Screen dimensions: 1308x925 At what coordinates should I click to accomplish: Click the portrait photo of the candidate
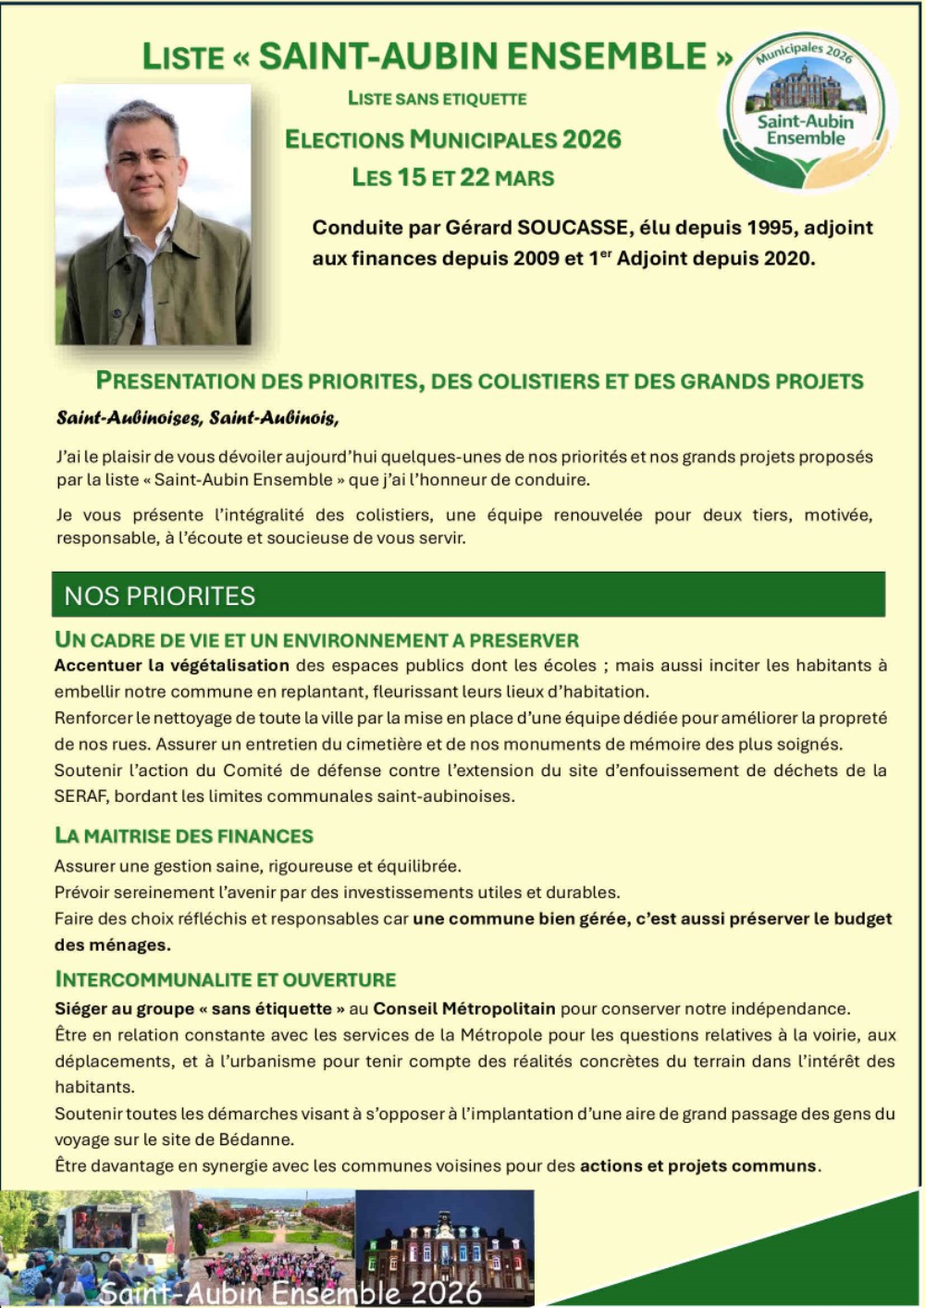pos(154,216)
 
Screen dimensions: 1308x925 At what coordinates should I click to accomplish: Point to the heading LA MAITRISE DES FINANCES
pos(184,836)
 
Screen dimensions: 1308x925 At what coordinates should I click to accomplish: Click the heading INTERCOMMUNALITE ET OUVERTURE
pos(226,980)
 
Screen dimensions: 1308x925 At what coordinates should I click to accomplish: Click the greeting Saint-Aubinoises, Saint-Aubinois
pos(197,418)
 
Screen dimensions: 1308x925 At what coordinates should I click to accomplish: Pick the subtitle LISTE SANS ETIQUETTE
pos(438,99)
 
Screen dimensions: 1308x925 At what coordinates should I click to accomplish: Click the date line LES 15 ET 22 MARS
pos(453,178)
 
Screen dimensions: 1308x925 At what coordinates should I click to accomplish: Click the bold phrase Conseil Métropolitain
pos(464,1009)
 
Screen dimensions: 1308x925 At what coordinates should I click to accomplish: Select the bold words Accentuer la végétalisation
pos(172,665)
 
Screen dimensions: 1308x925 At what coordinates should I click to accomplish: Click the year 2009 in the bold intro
pos(536,259)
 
